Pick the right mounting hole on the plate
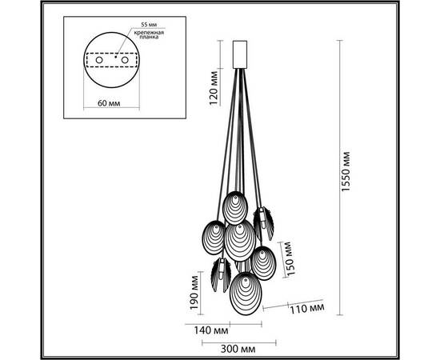[x=130, y=59]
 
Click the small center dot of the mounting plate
[x=114, y=57]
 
